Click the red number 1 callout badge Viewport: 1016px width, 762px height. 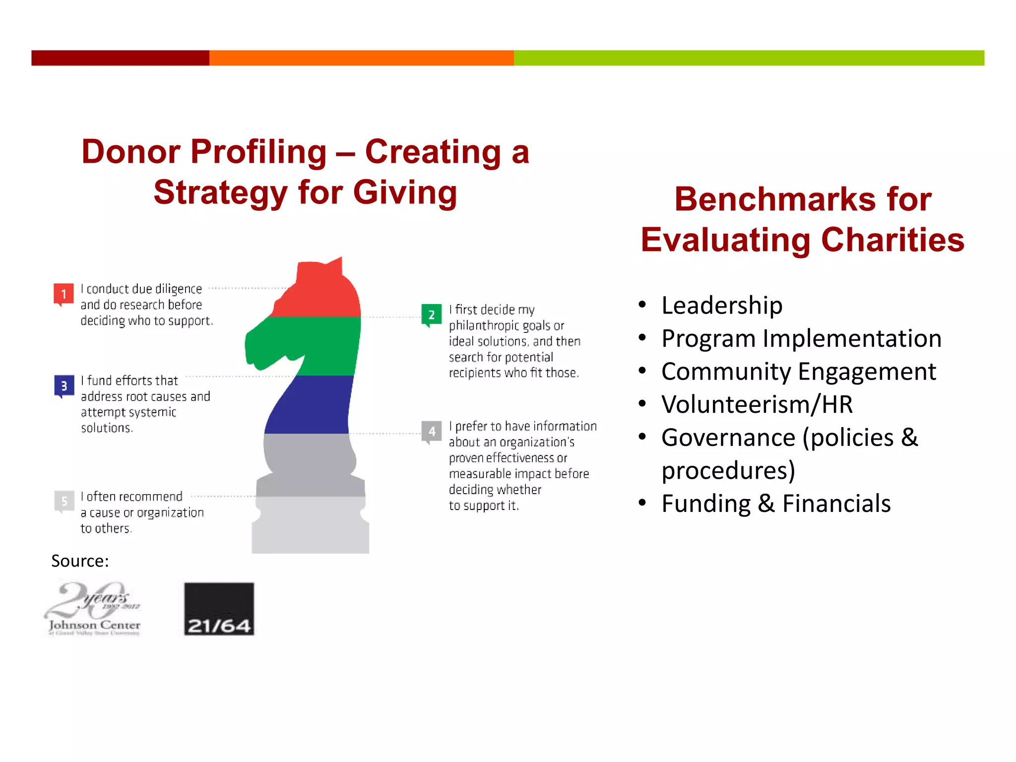[63, 294]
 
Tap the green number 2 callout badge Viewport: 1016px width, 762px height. [431, 315]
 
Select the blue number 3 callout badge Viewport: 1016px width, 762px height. [64, 385]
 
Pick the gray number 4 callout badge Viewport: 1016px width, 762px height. [432, 431]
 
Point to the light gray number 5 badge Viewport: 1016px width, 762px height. [64, 501]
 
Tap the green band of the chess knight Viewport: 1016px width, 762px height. [317, 346]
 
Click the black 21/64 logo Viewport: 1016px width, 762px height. [219, 609]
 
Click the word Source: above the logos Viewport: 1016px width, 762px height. [80, 561]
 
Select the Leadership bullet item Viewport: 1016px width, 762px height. [722, 305]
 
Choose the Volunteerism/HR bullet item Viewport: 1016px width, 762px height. [757, 404]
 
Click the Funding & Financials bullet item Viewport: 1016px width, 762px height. [776, 504]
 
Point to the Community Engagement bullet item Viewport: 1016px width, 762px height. [798, 372]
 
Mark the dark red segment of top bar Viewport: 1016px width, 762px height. [120, 58]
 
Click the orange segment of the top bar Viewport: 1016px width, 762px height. [361, 58]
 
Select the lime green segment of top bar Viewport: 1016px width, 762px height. [749, 58]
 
